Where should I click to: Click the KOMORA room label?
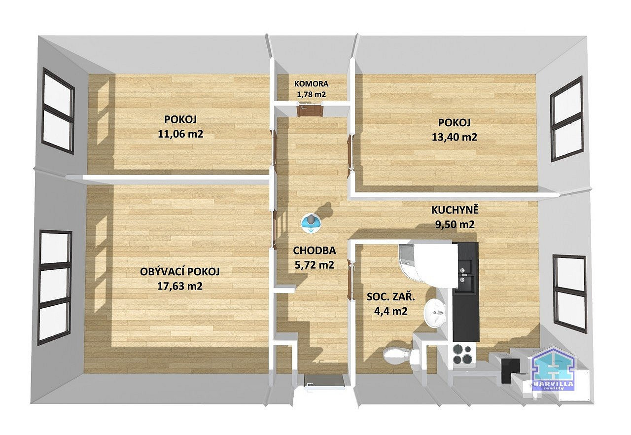click(311, 84)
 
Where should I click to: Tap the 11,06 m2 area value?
click(180, 134)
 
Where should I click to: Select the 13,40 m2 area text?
click(455, 137)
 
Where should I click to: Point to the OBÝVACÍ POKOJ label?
click(180, 272)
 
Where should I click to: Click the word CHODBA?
click(315, 250)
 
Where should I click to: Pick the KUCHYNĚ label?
click(455, 210)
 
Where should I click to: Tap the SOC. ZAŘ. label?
click(391, 296)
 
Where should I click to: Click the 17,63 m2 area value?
click(180, 286)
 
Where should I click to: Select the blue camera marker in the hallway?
click(311, 223)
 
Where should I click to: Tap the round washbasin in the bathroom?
click(435, 313)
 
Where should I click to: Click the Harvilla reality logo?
click(553, 369)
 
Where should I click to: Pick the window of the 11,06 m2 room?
click(58, 110)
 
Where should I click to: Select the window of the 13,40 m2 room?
click(566, 118)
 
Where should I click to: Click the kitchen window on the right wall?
click(569, 294)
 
